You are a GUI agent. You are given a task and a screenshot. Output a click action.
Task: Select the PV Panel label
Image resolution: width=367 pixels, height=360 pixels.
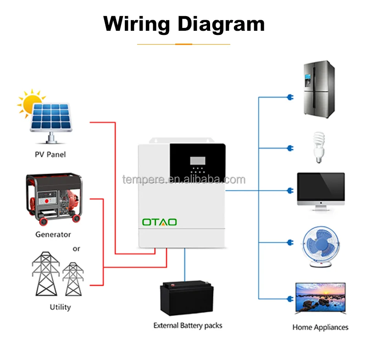50,154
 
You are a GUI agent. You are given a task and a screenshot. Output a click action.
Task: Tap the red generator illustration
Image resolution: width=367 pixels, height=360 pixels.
53,199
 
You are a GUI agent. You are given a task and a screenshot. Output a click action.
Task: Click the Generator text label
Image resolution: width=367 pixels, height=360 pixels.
53,235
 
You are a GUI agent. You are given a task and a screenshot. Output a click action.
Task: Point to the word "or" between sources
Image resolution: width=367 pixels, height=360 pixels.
76,248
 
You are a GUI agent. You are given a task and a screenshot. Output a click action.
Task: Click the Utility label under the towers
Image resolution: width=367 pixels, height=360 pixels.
60,307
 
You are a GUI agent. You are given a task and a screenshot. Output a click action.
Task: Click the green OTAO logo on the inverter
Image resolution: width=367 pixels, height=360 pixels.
159,222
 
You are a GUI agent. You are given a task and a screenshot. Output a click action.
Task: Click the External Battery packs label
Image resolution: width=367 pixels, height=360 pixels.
188,326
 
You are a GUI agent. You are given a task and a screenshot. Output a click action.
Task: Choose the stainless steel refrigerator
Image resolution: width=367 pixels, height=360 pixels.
319,90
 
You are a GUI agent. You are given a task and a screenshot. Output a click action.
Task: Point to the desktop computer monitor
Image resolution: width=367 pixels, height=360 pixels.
321,191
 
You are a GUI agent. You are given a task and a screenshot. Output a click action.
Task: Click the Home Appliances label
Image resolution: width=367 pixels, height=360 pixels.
320,327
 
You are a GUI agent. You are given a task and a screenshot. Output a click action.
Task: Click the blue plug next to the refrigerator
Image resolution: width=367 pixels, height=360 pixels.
290,97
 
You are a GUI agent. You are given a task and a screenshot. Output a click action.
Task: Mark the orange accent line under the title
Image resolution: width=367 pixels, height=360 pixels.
183,44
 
